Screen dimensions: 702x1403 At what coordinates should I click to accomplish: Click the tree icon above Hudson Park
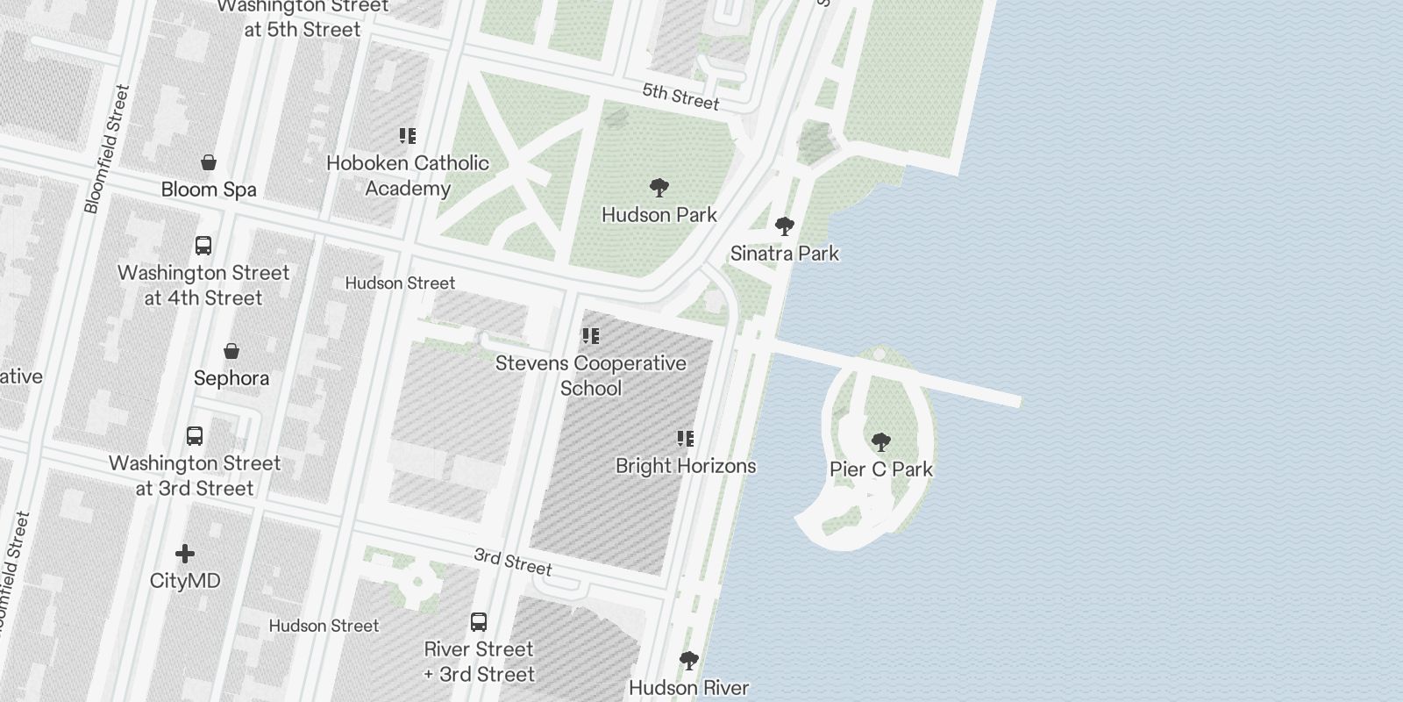pyautogui.click(x=659, y=188)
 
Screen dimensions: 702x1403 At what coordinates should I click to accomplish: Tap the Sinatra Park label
pyautogui.click(x=784, y=254)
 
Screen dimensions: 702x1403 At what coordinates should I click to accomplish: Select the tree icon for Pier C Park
pyautogui.click(x=881, y=442)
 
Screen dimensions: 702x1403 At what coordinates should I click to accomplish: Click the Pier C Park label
pyautogui.click(x=881, y=469)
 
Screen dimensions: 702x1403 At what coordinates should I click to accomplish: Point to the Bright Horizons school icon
pyautogui.click(x=686, y=439)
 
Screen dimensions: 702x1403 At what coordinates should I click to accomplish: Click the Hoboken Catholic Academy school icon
pyautogui.click(x=408, y=136)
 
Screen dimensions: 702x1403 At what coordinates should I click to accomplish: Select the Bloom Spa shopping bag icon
pyautogui.click(x=209, y=162)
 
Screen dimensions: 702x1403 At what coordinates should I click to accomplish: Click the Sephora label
pyautogui.click(x=231, y=378)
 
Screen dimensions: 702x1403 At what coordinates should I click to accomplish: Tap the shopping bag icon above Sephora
pyautogui.click(x=231, y=352)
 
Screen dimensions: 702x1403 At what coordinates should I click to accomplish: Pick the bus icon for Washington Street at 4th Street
pyautogui.click(x=203, y=246)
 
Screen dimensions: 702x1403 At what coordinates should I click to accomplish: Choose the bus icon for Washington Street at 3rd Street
pyautogui.click(x=195, y=436)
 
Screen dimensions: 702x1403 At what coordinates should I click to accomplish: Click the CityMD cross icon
pyautogui.click(x=185, y=554)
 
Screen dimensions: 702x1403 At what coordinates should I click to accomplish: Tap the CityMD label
pyautogui.click(x=185, y=581)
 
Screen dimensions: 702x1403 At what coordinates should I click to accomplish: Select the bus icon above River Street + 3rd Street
pyautogui.click(x=479, y=622)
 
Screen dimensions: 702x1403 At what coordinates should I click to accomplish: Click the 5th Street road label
pyautogui.click(x=680, y=97)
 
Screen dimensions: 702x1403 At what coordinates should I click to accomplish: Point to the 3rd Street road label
pyautogui.click(x=513, y=562)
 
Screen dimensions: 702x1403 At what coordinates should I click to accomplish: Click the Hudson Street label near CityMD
pyautogui.click(x=324, y=626)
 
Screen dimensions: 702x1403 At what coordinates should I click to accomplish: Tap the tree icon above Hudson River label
pyautogui.click(x=689, y=660)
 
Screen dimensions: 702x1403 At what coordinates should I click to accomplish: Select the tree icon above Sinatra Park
pyautogui.click(x=785, y=226)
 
